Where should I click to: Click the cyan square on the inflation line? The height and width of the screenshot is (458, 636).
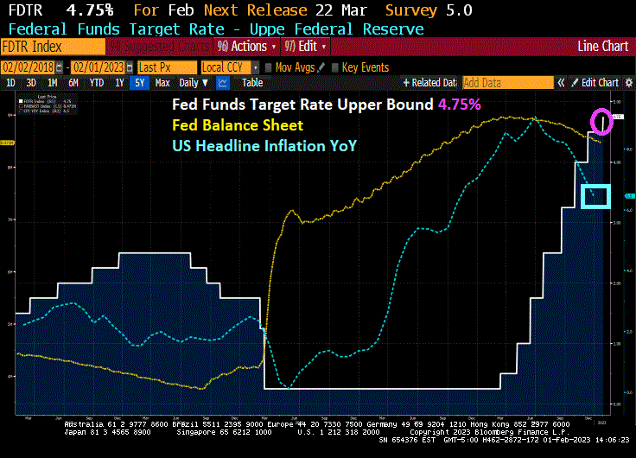[596, 197]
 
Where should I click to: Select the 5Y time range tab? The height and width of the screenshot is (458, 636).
[140, 83]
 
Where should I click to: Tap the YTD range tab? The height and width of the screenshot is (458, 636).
[96, 83]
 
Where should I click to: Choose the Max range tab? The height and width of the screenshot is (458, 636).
[162, 83]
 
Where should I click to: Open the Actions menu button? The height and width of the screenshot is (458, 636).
[248, 46]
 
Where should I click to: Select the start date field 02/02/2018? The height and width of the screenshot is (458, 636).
[33, 67]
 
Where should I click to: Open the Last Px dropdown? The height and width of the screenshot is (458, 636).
[165, 67]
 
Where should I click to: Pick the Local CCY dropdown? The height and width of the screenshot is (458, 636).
[228, 67]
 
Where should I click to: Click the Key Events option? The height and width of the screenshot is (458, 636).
[363, 67]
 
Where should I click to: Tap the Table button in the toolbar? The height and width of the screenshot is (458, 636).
[251, 83]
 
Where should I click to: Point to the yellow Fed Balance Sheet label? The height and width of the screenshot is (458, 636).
[238, 125]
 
